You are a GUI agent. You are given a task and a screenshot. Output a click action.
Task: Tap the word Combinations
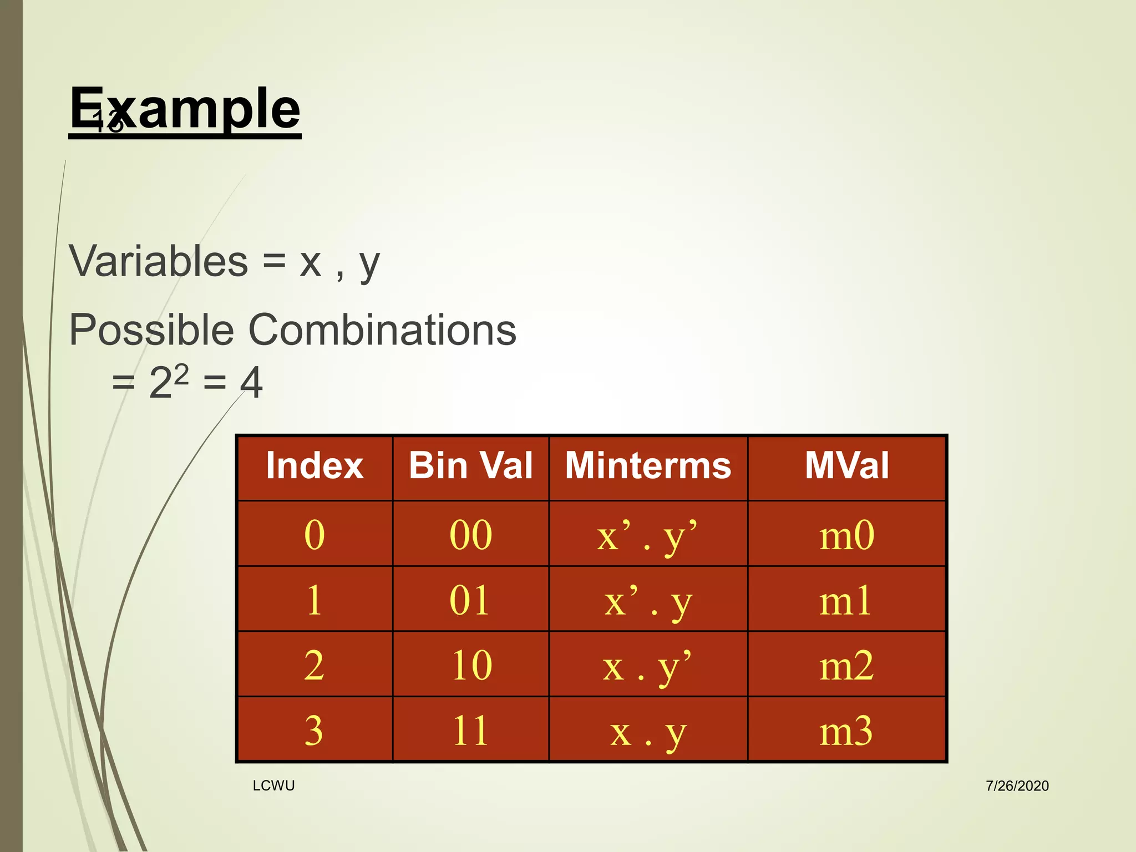(x=382, y=329)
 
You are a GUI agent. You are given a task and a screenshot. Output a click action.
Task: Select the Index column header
(x=315, y=465)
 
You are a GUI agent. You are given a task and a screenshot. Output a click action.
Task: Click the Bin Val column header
(x=470, y=465)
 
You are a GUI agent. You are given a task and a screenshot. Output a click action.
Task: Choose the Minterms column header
(x=648, y=465)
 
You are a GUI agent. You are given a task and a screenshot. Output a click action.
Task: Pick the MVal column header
(x=846, y=465)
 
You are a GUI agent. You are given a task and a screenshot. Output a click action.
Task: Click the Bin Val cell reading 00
(x=470, y=535)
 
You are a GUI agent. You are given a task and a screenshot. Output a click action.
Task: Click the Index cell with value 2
(x=314, y=665)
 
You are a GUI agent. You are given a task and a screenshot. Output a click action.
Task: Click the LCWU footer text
(x=273, y=785)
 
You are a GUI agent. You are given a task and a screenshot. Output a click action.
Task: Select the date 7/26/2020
(x=1017, y=786)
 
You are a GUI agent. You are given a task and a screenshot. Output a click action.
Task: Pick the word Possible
(x=151, y=329)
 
